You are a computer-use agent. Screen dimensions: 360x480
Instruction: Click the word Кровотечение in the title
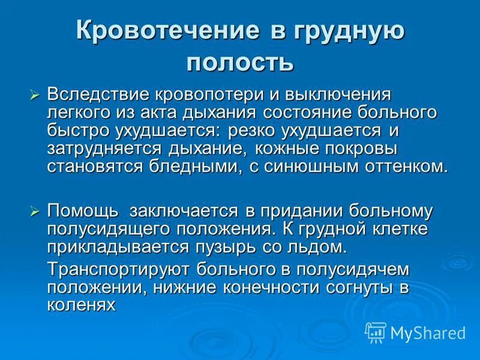pyautogui.click(x=162, y=32)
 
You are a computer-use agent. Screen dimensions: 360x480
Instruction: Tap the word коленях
pyautogui.click(x=80, y=304)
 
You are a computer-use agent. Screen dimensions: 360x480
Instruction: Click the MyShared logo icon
pyautogui.click(x=376, y=332)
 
